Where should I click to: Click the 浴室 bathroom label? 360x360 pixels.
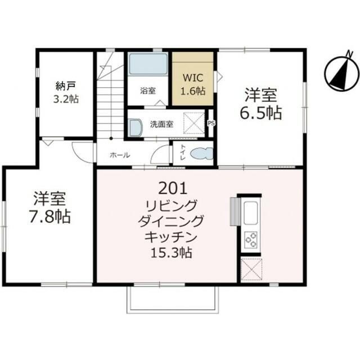pyautogui.click(x=148, y=91)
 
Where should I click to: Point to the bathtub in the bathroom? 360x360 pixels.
pyautogui.click(x=148, y=65)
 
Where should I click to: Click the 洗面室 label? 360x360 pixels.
pyautogui.click(x=161, y=124)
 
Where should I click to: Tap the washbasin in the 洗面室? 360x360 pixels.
pyautogui.click(x=135, y=128)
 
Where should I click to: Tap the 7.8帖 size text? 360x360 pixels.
pyautogui.click(x=50, y=216)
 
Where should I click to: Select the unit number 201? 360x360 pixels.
pyautogui.click(x=172, y=187)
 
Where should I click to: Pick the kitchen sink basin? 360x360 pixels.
pyautogui.click(x=251, y=213)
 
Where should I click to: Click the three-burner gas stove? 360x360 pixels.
pyautogui.click(x=251, y=240)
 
